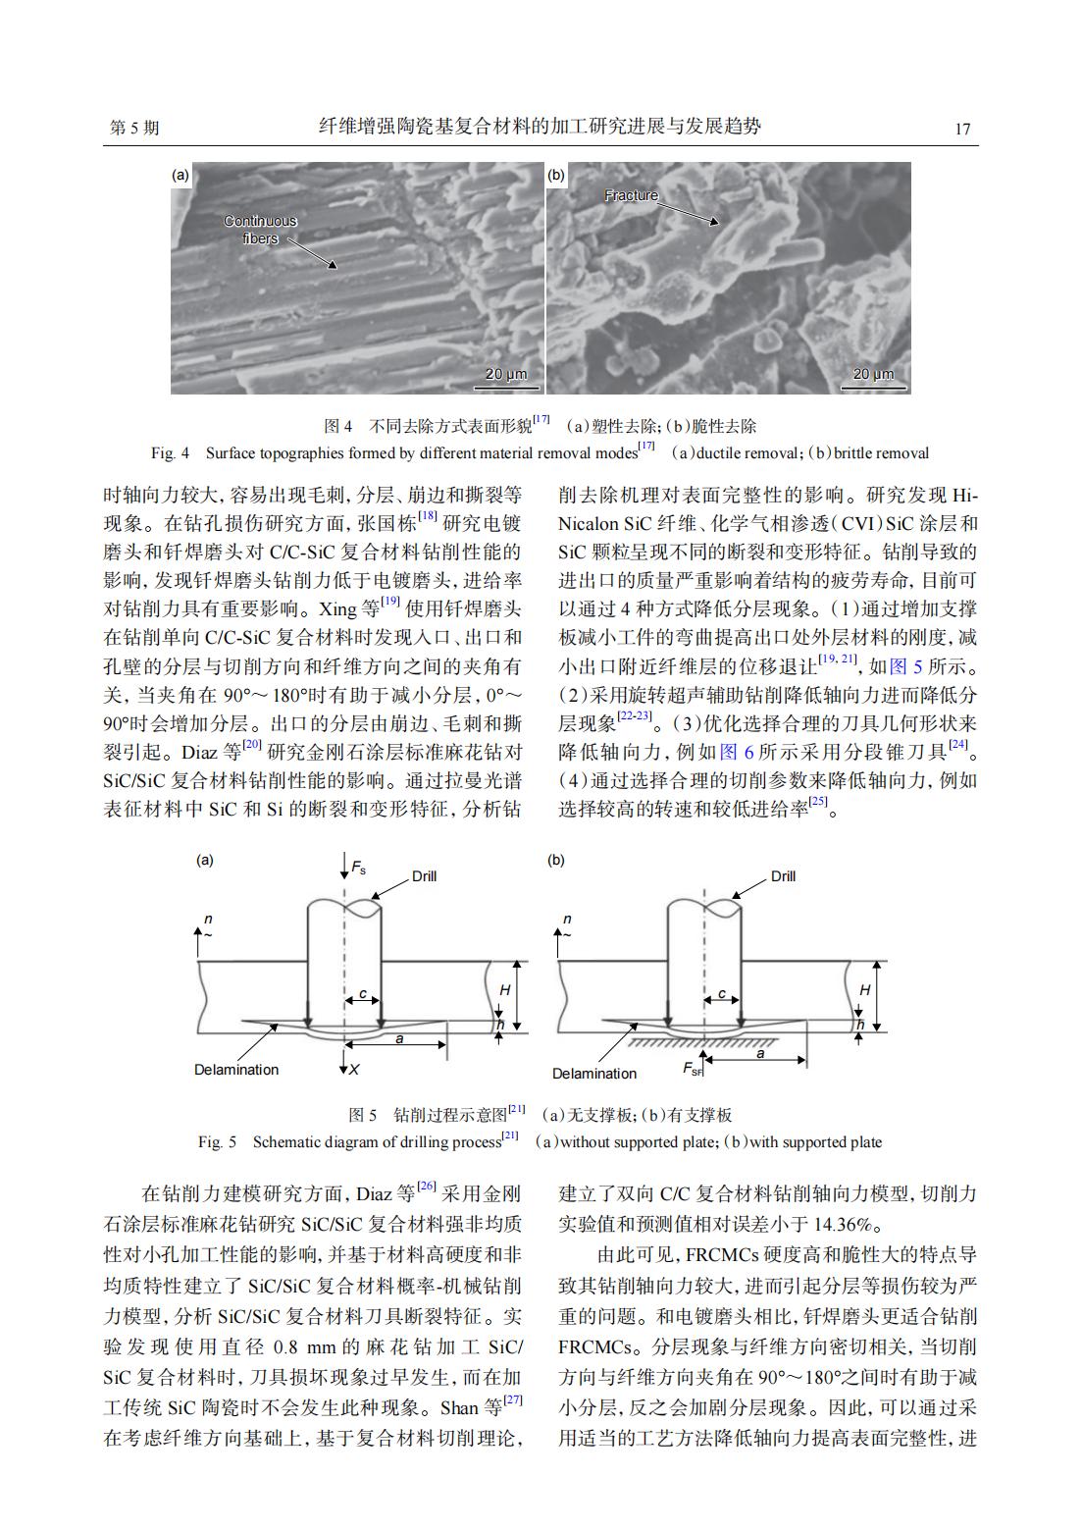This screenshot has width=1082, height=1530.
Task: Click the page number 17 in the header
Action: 961,129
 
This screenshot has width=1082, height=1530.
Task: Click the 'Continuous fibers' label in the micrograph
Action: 260,230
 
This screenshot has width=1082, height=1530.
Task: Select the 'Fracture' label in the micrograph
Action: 631,195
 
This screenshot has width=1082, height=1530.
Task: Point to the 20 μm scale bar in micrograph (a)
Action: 505,375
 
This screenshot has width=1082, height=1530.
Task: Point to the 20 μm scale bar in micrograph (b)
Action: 873,375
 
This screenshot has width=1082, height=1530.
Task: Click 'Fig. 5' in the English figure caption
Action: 217,1142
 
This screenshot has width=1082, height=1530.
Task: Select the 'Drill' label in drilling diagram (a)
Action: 424,876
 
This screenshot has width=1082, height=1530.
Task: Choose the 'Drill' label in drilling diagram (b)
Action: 783,876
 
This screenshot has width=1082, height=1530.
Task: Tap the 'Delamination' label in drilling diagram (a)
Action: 235,1070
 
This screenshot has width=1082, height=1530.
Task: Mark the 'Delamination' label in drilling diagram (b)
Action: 593,1074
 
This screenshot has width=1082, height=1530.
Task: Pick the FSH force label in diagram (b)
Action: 694,1070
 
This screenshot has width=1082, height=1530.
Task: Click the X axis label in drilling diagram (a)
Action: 355,1069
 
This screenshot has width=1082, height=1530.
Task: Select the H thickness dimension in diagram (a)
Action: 504,991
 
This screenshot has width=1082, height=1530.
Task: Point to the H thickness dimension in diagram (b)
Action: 863,991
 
